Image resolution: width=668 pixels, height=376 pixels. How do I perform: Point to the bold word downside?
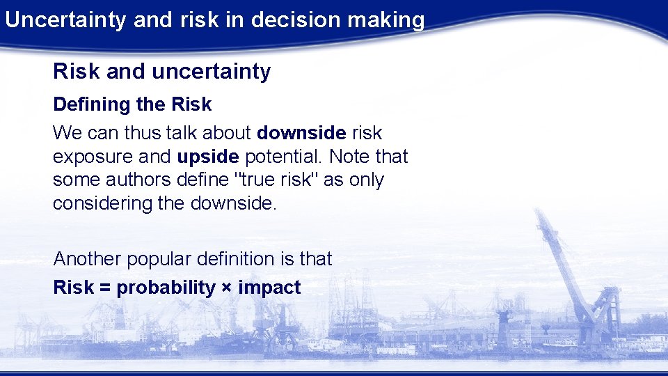pos(301,132)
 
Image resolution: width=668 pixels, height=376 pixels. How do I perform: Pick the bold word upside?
pos(207,156)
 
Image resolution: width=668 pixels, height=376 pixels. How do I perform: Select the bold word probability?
pos(166,288)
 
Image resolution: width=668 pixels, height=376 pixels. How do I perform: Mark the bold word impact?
pos(269,288)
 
